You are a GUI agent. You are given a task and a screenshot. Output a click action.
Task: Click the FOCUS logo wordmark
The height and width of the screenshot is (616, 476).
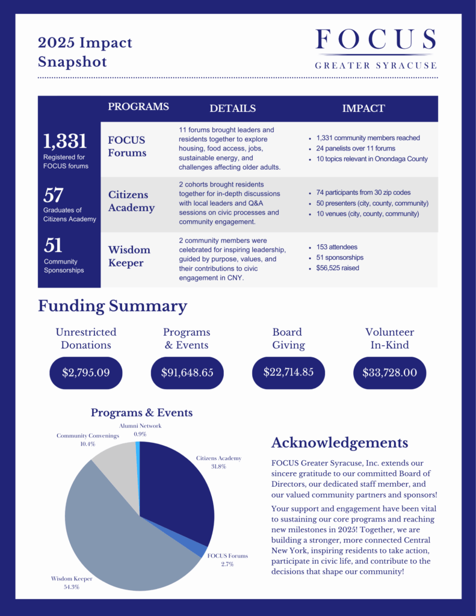pyautogui.click(x=376, y=40)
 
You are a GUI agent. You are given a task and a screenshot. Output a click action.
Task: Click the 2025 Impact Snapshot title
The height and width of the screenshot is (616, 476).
pyautogui.click(x=85, y=52)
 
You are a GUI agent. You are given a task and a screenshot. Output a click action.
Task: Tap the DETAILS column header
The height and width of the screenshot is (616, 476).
pyautogui.click(x=232, y=108)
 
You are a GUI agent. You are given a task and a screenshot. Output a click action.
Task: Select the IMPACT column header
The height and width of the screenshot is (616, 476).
pyautogui.click(x=363, y=108)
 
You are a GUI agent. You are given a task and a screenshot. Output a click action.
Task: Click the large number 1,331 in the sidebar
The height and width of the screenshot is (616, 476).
pyautogui.click(x=65, y=141)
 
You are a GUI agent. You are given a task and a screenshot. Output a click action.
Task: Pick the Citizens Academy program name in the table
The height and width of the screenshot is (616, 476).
pyautogui.click(x=131, y=202)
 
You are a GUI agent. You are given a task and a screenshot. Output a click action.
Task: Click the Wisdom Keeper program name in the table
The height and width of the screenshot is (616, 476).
pyautogui.click(x=129, y=256)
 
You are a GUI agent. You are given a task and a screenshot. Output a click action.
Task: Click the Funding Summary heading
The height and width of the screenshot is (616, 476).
pyautogui.click(x=113, y=306)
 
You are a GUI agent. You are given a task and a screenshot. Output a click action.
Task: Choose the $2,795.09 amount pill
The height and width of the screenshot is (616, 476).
pyautogui.click(x=86, y=372)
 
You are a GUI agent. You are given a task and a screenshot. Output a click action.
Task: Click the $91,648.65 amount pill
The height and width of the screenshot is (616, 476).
pyautogui.click(x=187, y=372)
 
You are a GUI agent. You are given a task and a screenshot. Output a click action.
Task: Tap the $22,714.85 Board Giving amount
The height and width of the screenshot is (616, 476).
pyautogui.click(x=288, y=372)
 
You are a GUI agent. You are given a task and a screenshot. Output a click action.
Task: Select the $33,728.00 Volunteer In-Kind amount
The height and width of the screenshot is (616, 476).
pyautogui.click(x=389, y=372)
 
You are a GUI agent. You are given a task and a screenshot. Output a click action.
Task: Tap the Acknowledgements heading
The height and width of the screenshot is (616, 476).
pyautogui.click(x=339, y=443)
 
